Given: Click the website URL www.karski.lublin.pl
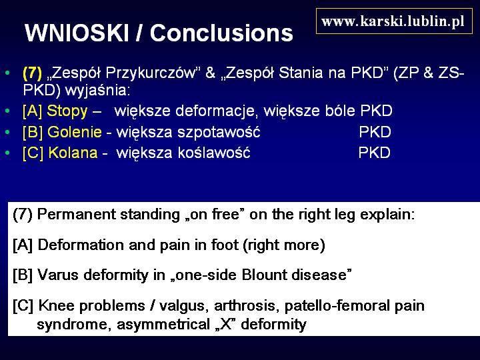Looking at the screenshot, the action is pyautogui.click(x=393, y=21).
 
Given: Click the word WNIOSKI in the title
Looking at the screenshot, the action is pyautogui.click(x=77, y=33).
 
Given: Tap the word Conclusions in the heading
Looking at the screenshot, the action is pyautogui.click(x=221, y=33).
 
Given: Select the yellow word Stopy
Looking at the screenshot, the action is pyautogui.click(x=67, y=111).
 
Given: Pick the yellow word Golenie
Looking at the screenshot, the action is pyautogui.click(x=75, y=132).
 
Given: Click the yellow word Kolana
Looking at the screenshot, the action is pyautogui.click(x=73, y=153).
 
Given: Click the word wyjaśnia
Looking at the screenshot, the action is pyautogui.click(x=97, y=91).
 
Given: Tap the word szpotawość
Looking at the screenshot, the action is pyautogui.click(x=219, y=132).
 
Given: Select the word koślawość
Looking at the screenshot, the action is pyautogui.click(x=214, y=153).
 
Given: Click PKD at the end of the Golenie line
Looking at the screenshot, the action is pyautogui.click(x=375, y=132).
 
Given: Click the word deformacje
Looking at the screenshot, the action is pyautogui.click(x=215, y=111).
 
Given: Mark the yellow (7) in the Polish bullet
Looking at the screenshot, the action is pyautogui.click(x=32, y=73).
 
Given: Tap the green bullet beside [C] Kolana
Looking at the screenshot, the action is pyautogui.click(x=7, y=153).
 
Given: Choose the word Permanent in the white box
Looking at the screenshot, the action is pyautogui.click(x=76, y=214).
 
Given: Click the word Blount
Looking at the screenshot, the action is pyautogui.click(x=264, y=275).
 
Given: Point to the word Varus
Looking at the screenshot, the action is pyautogui.click(x=58, y=275).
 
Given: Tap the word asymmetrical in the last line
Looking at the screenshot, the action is pyautogui.click(x=163, y=325).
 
